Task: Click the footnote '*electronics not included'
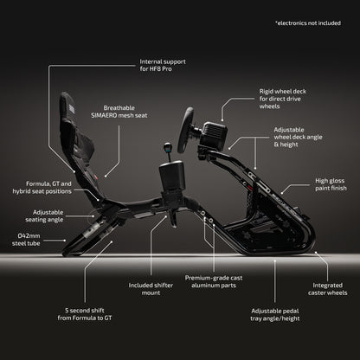[x=308, y=23]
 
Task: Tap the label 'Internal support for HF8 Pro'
[x=163, y=65]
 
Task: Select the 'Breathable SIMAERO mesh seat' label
[x=119, y=112]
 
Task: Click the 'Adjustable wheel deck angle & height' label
[x=298, y=137]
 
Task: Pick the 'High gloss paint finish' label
[x=331, y=184]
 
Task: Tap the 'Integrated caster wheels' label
[x=328, y=289]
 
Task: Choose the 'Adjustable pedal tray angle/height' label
[x=275, y=315]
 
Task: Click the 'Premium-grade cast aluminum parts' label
[x=214, y=281]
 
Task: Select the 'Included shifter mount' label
[x=151, y=289]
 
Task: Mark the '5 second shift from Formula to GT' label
[x=85, y=314]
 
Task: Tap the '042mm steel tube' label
[x=26, y=240]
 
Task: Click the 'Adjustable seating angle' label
[x=44, y=215]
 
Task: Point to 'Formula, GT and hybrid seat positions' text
[x=42, y=188]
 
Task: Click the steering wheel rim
[x=184, y=130]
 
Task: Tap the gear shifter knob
[x=167, y=147]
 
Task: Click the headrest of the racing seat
[x=67, y=106]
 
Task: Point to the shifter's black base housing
[x=171, y=176]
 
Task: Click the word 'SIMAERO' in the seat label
[x=104, y=115]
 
